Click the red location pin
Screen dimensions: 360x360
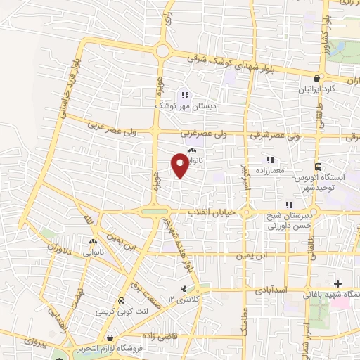pos(181,166)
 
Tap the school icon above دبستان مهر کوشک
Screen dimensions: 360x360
pos(185,95)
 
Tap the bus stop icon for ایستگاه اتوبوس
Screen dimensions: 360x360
pos(318,167)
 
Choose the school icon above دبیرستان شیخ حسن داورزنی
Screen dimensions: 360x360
pos(279,205)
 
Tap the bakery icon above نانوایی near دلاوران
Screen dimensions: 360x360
pos(93,236)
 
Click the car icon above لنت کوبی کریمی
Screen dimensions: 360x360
pos(121,298)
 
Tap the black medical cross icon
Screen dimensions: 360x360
pos(338,283)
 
